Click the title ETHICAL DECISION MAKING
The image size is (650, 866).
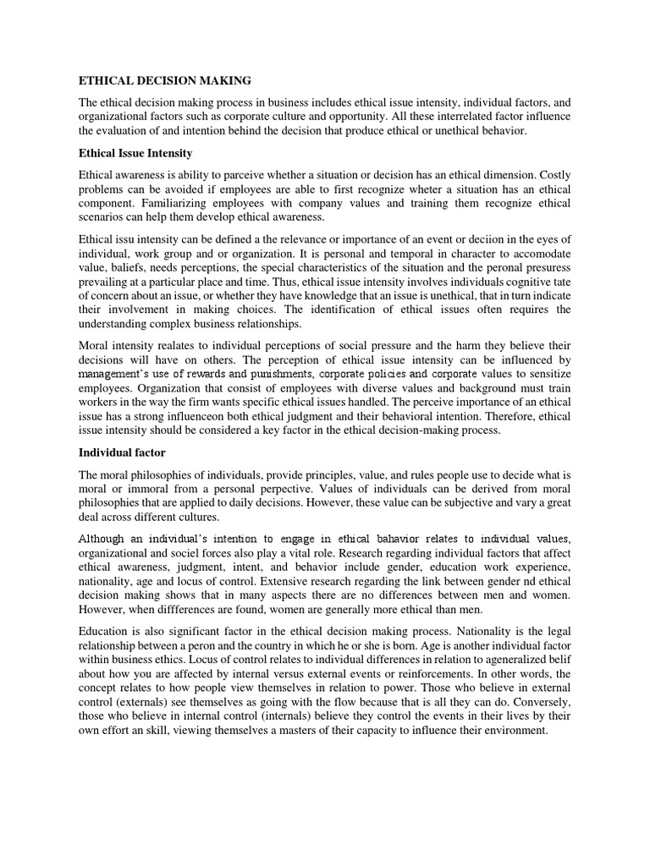pyautogui.click(x=165, y=81)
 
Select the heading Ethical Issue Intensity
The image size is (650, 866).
pyautogui.click(x=135, y=153)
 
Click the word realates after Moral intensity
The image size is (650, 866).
pyautogui.click(x=174, y=345)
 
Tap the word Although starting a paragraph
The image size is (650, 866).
pyautogui.click(x=107, y=540)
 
